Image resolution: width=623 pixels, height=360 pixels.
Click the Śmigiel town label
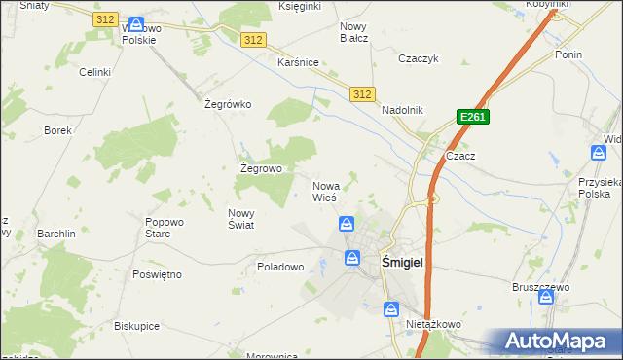[400, 261]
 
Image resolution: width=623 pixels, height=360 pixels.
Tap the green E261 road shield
[472, 118]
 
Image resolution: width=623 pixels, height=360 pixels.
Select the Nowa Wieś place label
[325, 192]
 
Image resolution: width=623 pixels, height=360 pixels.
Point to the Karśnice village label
[298, 62]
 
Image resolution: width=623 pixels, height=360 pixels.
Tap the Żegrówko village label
[228, 105]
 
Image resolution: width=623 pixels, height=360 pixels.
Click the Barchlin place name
[56, 234]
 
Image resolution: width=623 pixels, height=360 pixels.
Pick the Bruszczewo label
[540, 287]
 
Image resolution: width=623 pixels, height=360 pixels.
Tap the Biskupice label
[136, 326]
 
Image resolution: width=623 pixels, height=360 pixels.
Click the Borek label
[57, 130]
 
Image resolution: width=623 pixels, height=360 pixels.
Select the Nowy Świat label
[240, 219]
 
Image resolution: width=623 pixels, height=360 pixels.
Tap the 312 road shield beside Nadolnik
[362, 93]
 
